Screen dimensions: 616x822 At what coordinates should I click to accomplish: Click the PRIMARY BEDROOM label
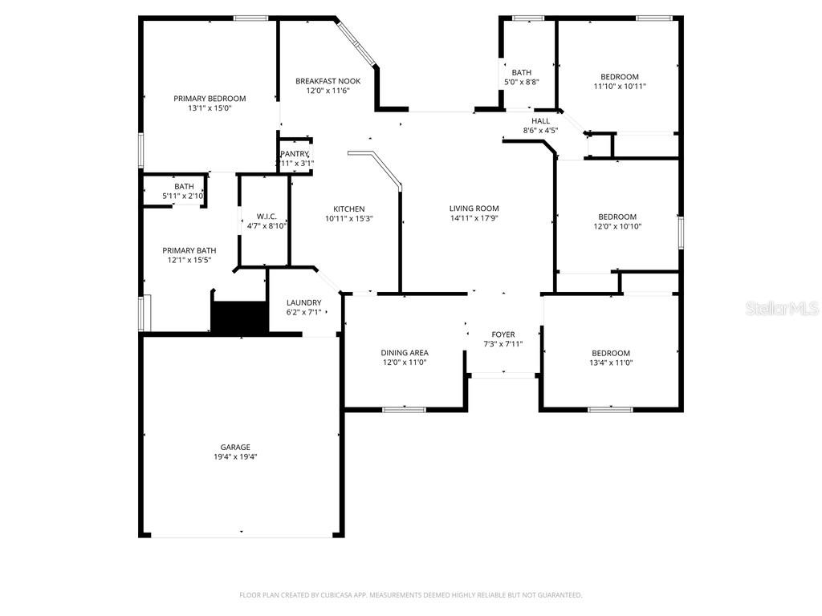pyautogui.click(x=210, y=99)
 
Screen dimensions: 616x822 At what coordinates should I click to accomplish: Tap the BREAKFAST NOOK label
pyautogui.click(x=328, y=81)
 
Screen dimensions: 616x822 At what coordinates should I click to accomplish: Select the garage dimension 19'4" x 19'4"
pyautogui.click(x=235, y=456)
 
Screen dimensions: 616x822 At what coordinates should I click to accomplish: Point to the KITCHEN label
pyautogui.click(x=349, y=209)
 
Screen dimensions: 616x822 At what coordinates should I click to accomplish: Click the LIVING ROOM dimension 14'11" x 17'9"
pyautogui.click(x=474, y=217)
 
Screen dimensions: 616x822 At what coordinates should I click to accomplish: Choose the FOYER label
pyautogui.click(x=503, y=334)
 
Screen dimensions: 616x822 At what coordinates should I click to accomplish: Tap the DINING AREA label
pyautogui.click(x=404, y=352)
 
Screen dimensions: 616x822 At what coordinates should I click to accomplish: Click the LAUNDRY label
pyautogui.click(x=303, y=302)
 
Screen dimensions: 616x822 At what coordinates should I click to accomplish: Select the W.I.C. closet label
pyautogui.click(x=267, y=216)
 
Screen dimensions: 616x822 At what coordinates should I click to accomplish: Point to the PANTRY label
pyautogui.click(x=295, y=154)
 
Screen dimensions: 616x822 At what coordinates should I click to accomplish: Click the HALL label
pyautogui.click(x=540, y=121)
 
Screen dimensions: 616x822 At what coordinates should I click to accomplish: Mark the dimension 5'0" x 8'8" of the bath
pyautogui.click(x=521, y=82)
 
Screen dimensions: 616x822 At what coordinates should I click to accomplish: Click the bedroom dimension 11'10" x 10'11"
pyautogui.click(x=620, y=86)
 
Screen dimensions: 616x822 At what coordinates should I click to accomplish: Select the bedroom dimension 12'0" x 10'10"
pyautogui.click(x=617, y=226)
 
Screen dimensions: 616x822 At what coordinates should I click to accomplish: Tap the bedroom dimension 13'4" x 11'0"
pyautogui.click(x=611, y=363)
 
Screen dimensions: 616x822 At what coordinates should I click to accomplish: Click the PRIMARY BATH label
pyautogui.click(x=189, y=250)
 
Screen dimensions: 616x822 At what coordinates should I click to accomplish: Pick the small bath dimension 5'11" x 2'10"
pyautogui.click(x=184, y=196)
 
